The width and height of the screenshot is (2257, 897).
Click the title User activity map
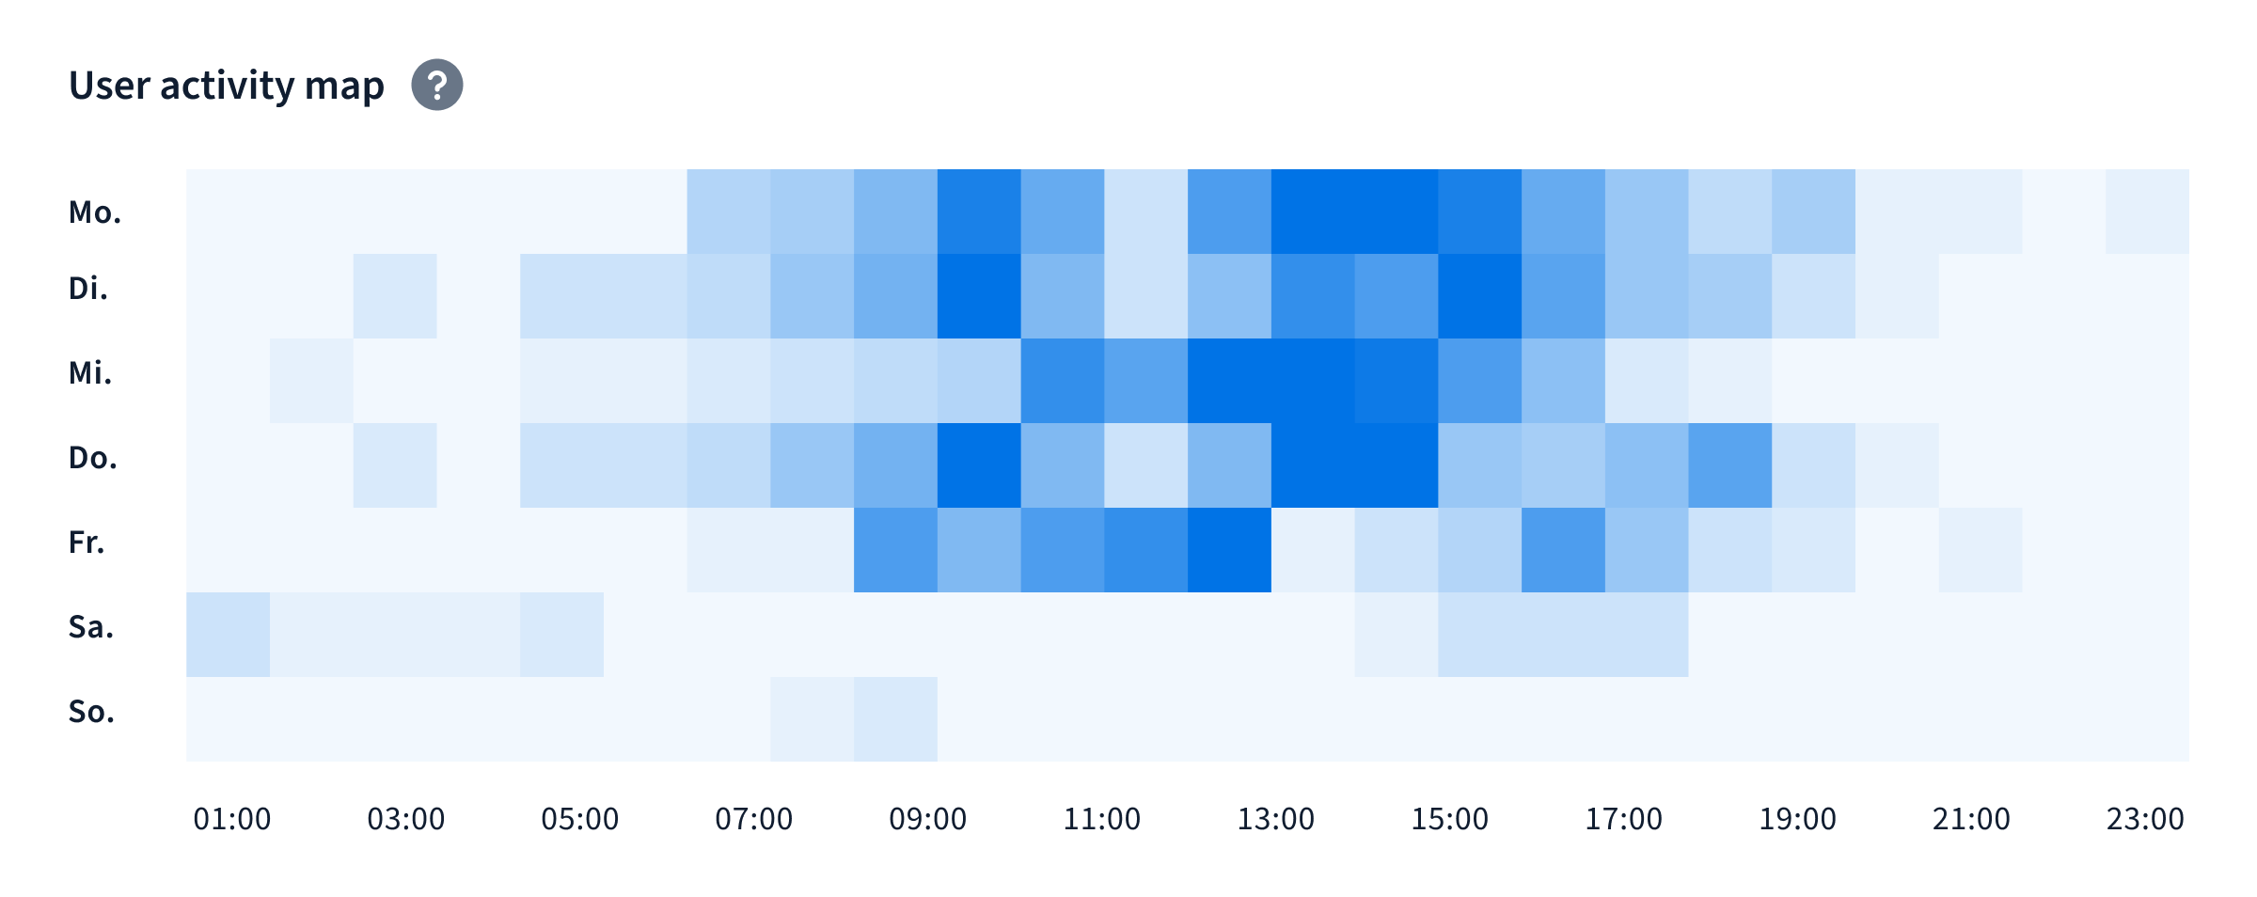(x=227, y=86)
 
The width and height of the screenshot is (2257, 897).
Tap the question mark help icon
(x=437, y=85)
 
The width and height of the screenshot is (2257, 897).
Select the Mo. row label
(x=95, y=212)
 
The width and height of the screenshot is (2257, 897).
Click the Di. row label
(x=88, y=288)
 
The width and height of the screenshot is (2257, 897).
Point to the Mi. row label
(x=90, y=372)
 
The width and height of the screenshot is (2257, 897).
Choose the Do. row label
(x=93, y=457)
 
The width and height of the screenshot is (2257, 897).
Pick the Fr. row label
(x=87, y=542)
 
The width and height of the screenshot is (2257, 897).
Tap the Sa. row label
(x=91, y=626)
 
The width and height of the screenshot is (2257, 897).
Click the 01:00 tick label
(x=232, y=819)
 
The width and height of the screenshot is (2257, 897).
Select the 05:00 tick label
(x=580, y=819)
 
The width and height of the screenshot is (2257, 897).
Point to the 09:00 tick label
(x=928, y=819)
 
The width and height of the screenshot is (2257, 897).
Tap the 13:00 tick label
(x=1276, y=819)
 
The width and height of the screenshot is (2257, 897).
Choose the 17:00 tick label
(x=1624, y=819)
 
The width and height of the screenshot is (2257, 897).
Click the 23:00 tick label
(x=2145, y=819)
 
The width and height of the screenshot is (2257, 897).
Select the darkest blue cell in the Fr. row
(x=1229, y=550)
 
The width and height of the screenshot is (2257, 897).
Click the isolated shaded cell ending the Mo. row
(x=2147, y=212)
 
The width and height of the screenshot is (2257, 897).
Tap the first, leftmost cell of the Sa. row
(x=228, y=635)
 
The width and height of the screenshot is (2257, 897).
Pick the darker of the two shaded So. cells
(x=895, y=719)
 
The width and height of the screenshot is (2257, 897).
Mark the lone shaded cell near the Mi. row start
(x=311, y=381)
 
